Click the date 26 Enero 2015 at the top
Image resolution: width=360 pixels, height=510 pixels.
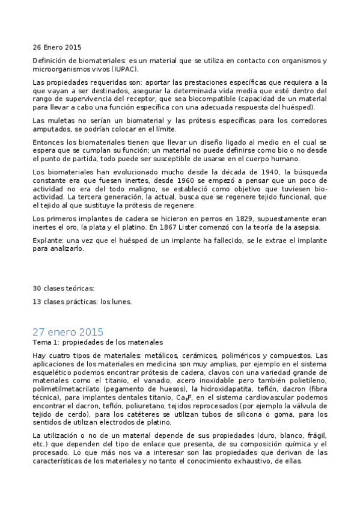(x=56, y=47)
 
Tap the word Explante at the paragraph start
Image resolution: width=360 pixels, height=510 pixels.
(x=46, y=240)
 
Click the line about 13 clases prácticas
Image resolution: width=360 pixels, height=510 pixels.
(x=82, y=301)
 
